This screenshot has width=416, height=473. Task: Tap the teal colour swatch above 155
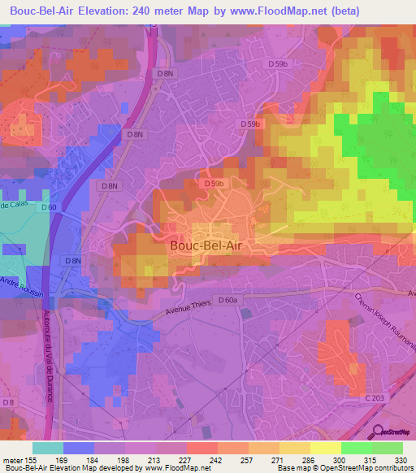[47, 448]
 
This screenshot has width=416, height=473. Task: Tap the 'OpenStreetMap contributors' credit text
[366, 469]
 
